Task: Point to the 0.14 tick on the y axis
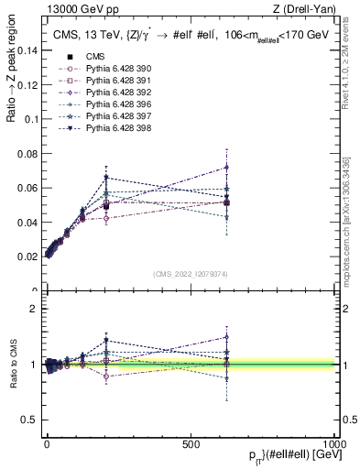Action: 29,51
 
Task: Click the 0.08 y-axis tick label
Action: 29,154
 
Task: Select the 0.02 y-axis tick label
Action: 29,256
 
